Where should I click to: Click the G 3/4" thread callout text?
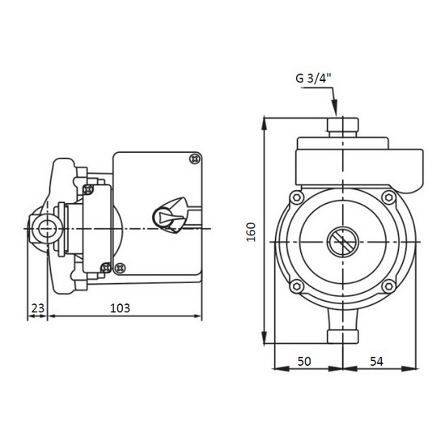[314, 78]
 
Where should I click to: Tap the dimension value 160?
[251, 232]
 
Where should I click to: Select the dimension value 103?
[120, 308]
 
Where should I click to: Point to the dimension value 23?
[38, 308]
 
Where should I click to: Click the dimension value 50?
[304, 362]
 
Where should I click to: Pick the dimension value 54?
[376, 362]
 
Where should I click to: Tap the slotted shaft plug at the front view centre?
[343, 242]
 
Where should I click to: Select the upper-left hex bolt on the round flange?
[297, 197]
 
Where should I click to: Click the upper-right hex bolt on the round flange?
[389, 197]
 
